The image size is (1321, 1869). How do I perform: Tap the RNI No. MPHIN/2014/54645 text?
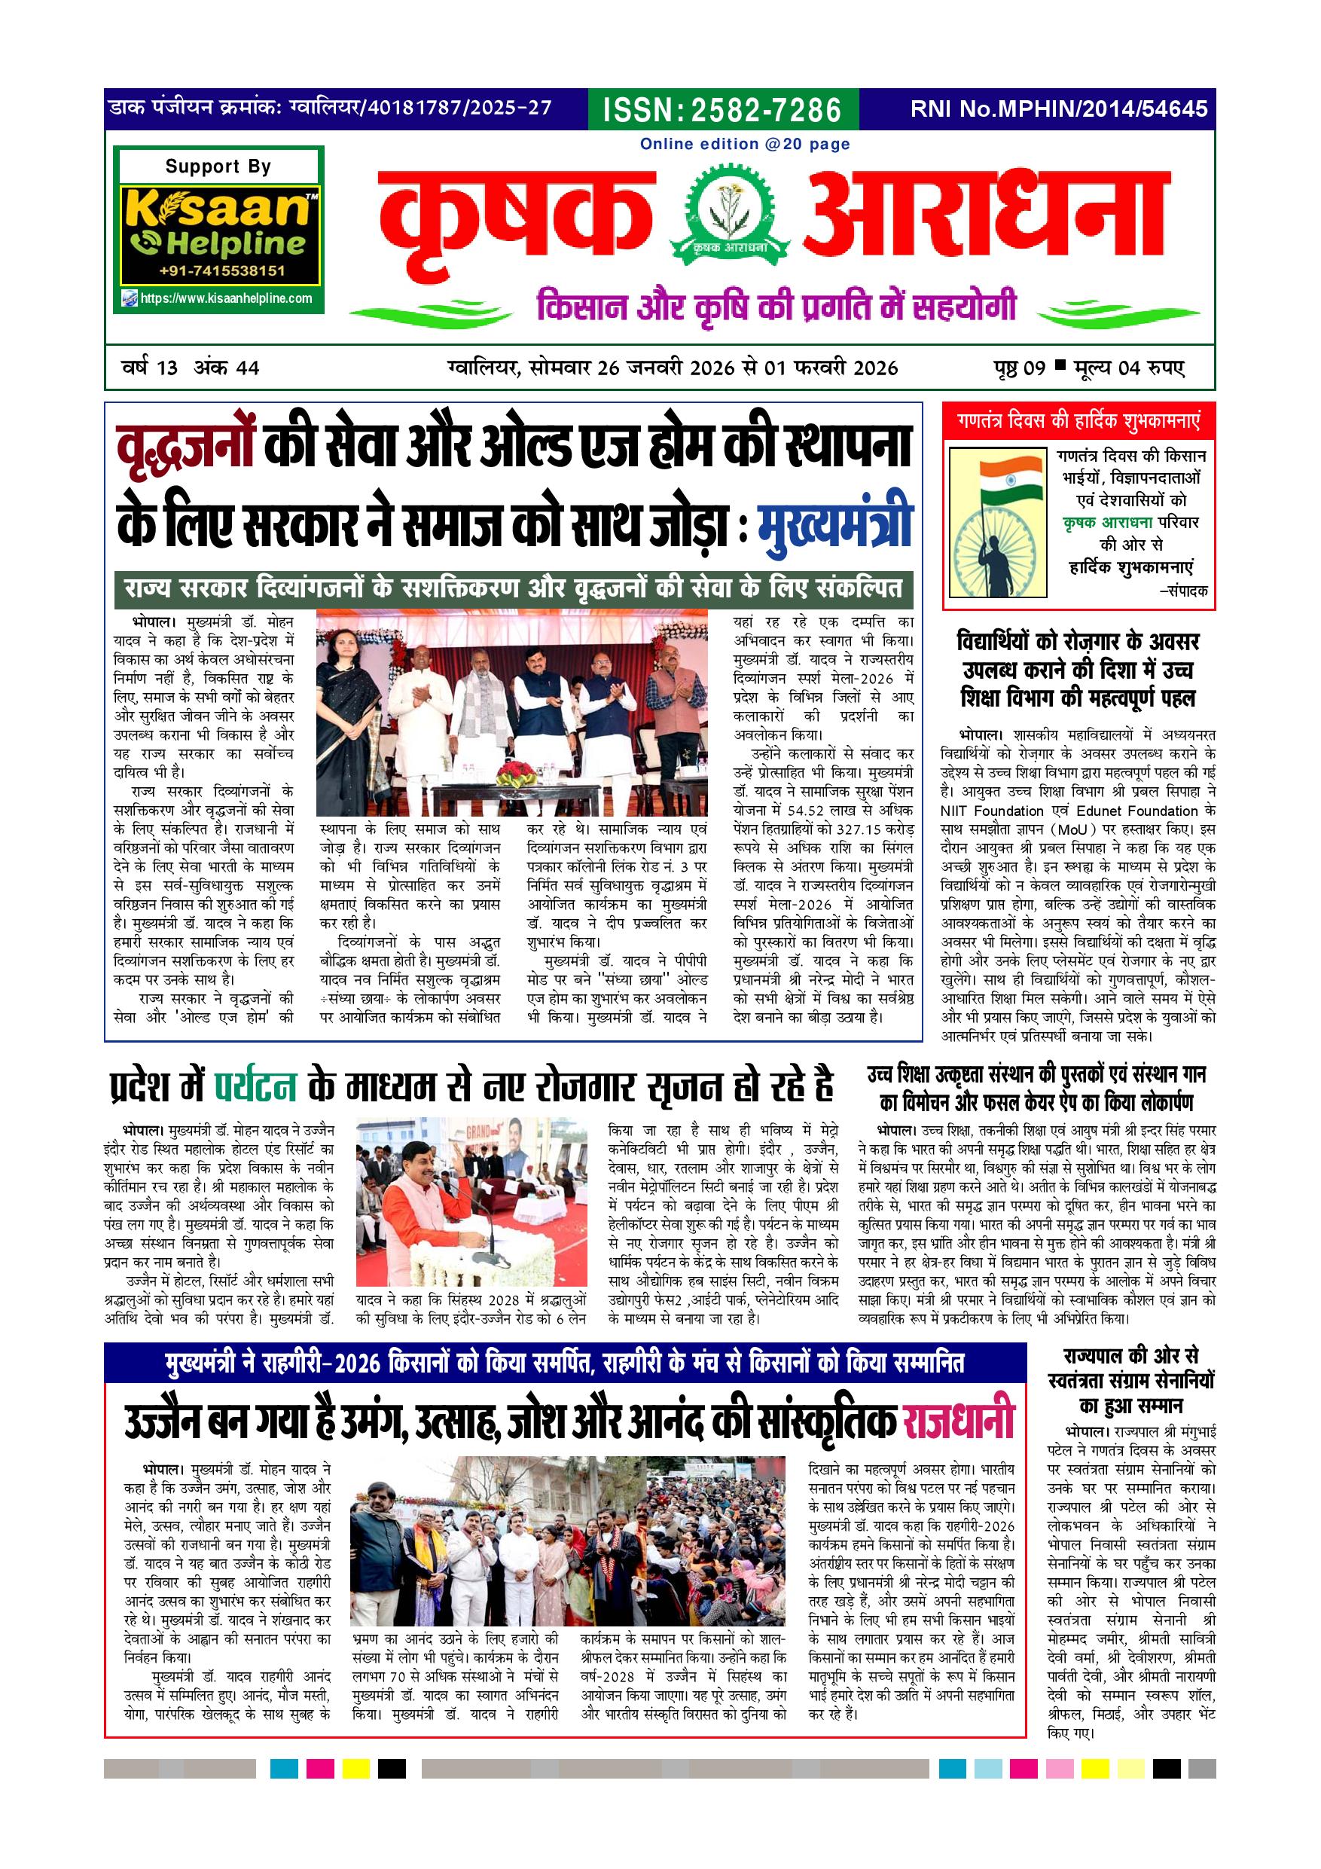1059,109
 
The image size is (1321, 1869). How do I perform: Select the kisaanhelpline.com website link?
225,298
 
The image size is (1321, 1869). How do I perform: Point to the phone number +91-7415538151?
221,271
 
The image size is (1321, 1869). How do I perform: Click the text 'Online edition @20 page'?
744,144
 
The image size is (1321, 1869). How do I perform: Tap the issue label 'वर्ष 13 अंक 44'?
191,368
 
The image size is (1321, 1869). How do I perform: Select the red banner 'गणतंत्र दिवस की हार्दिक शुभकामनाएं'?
1078,421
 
